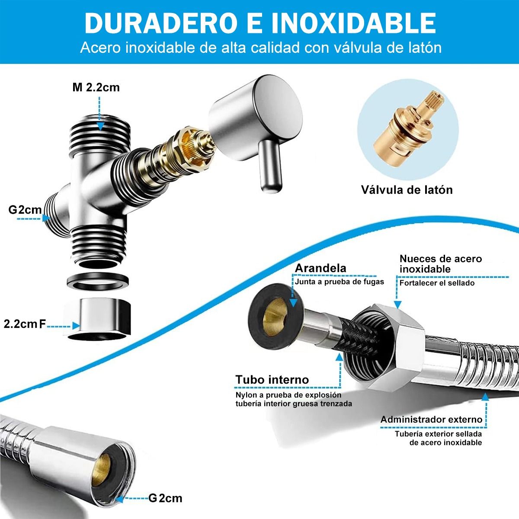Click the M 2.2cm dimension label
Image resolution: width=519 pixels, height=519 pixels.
pos(96,87)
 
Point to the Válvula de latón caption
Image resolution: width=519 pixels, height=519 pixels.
pos(407,189)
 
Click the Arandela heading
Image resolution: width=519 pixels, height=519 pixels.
pos(320,268)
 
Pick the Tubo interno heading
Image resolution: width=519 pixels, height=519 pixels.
pos(272,380)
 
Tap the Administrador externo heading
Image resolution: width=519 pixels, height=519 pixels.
pos(431,419)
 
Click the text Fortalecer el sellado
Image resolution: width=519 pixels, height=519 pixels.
pos(437,283)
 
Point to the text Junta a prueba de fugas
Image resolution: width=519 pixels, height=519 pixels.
pos(339,282)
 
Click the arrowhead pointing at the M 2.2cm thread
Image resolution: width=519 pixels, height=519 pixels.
pos(100,126)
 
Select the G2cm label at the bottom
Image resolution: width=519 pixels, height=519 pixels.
pos(165,498)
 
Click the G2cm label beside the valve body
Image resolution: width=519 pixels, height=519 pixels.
pos(25,210)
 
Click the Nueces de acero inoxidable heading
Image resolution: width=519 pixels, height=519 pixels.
pos(440,264)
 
